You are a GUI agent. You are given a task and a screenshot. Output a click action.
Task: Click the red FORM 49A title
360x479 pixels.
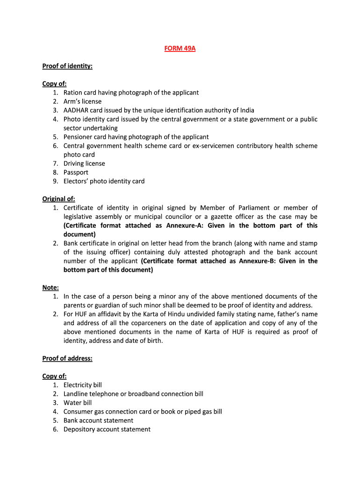click(180, 48)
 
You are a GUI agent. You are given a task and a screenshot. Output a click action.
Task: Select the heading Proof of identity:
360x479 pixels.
click(67, 66)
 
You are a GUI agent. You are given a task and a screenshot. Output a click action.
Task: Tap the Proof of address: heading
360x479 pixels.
click(67, 358)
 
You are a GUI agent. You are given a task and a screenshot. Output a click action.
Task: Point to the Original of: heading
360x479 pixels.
click(58, 199)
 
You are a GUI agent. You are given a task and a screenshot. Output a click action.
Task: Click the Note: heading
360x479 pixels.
click(50, 288)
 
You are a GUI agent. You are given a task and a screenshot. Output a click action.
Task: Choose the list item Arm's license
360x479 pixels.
click(82, 102)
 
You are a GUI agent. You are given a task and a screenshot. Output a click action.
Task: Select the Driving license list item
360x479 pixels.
click(84, 164)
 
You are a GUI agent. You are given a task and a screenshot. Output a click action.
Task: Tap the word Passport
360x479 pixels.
click(76, 173)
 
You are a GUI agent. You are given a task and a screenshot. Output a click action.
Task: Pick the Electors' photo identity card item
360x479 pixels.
click(104, 181)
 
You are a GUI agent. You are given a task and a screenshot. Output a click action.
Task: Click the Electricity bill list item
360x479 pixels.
click(82, 385)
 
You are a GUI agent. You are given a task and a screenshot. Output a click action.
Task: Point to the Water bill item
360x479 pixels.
click(78, 403)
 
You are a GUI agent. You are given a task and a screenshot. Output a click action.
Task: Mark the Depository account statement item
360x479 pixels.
click(107, 429)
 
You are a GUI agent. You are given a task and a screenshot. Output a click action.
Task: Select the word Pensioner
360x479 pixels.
click(78, 137)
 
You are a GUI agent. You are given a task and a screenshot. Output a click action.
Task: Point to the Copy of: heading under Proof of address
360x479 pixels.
click(54, 376)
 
